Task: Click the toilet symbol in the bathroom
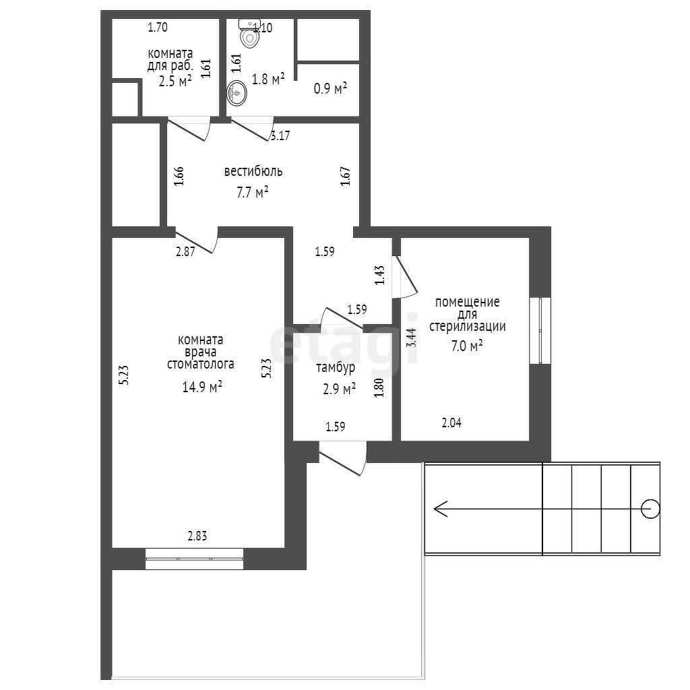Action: click(x=249, y=33)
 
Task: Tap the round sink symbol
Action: click(x=237, y=94)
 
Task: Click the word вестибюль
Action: click(x=253, y=170)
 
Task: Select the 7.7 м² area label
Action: click(x=253, y=192)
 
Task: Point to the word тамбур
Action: click(x=336, y=367)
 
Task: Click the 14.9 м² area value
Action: click(x=202, y=387)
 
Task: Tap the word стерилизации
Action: click(x=468, y=327)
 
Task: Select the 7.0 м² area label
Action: click(x=467, y=346)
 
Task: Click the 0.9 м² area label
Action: click(x=330, y=88)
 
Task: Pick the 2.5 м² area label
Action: click(x=175, y=81)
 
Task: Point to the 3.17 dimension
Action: click(x=280, y=135)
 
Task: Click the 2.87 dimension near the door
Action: click(x=185, y=252)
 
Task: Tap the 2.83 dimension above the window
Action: click(x=197, y=536)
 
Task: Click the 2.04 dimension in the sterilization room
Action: click(x=451, y=423)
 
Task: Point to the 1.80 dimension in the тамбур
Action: click(x=379, y=387)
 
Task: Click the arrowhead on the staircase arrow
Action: click(x=441, y=509)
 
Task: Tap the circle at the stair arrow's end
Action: click(x=650, y=509)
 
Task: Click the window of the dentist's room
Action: click(x=194, y=559)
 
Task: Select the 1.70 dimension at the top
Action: click(x=158, y=27)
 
